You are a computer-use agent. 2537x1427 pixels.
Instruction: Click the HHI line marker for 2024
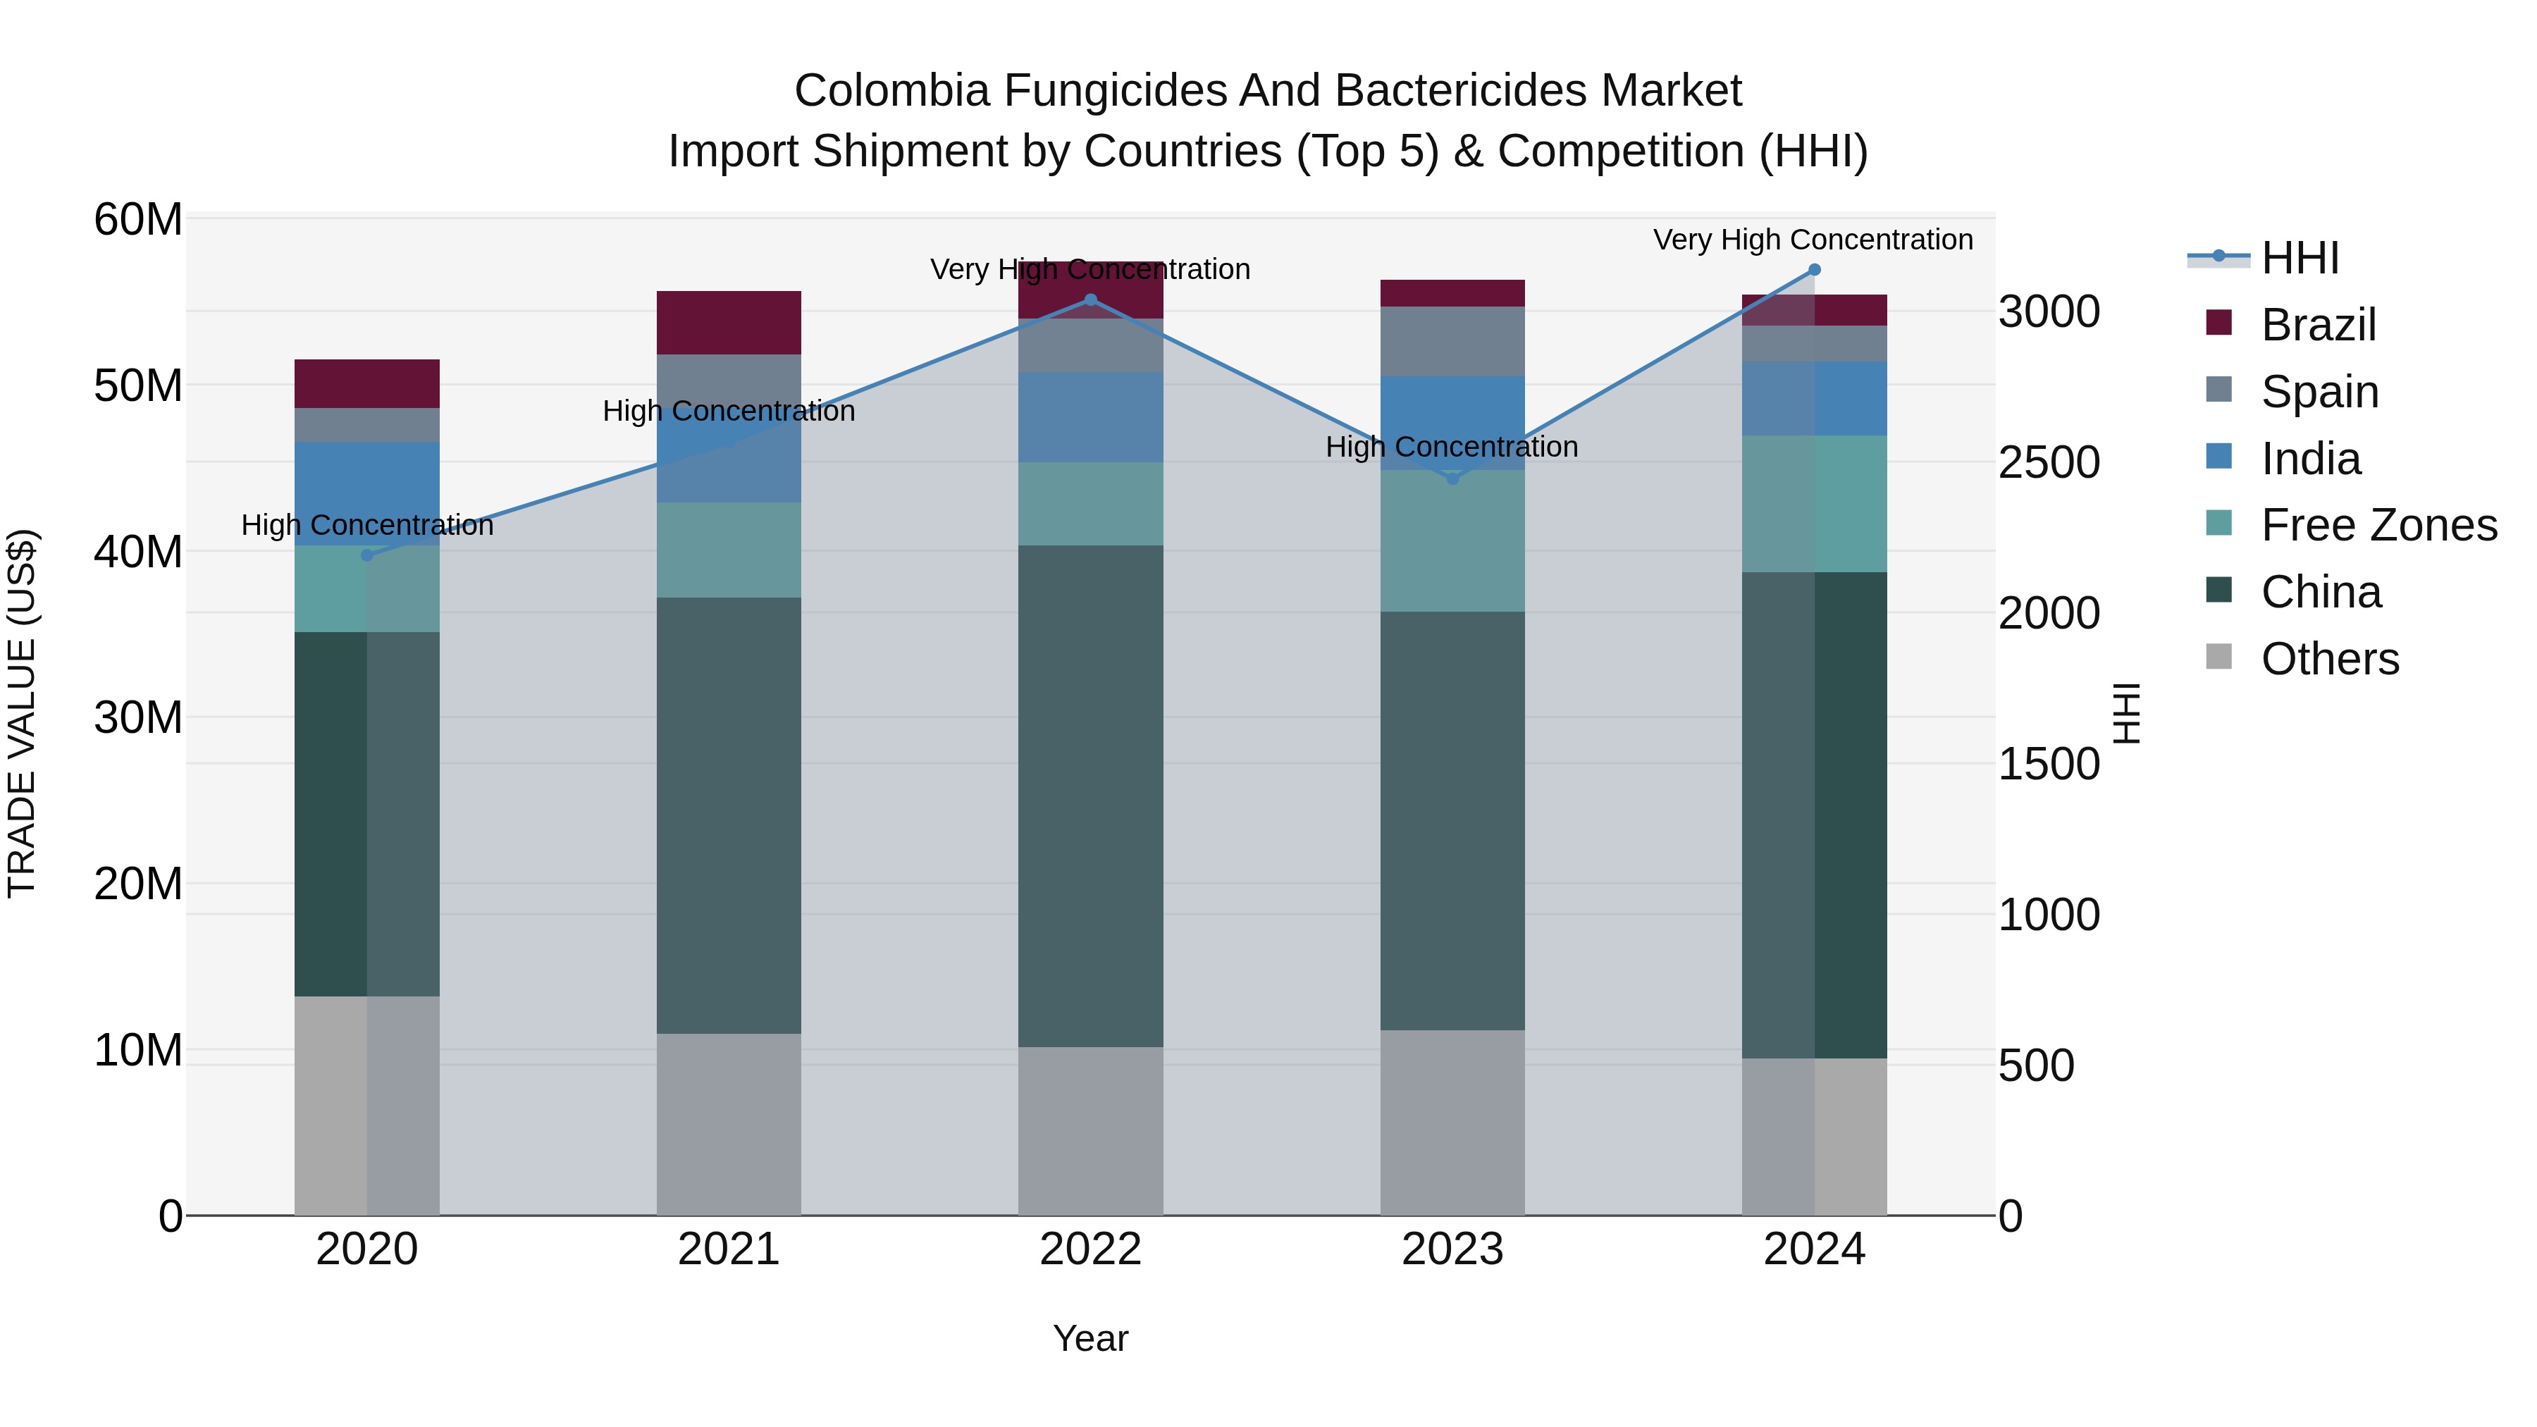pos(1814,270)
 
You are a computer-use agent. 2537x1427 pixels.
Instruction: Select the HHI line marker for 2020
pos(367,555)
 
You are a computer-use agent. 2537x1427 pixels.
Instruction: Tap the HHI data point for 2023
pos(1452,478)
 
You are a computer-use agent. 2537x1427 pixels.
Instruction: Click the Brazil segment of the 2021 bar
pos(729,323)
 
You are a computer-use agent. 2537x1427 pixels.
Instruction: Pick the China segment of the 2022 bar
pos(1090,796)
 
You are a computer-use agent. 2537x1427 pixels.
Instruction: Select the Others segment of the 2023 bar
pos(1452,1123)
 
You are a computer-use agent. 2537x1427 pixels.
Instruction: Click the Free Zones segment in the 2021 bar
pos(729,550)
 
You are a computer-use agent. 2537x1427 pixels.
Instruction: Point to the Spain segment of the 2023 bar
pos(1452,341)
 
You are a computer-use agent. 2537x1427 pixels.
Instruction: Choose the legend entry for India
pos(2309,459)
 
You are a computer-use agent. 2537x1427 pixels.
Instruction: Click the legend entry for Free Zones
pos(2378,525)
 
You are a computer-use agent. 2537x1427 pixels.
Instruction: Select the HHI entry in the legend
pos(2299,258)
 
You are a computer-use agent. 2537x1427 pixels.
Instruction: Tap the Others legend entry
pos(2328,659)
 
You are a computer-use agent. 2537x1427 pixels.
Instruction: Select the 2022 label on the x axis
pos(1090,1249)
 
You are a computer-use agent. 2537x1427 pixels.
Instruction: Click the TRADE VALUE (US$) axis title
pos(22,714)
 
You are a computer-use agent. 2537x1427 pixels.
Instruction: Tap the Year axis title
pos(1090,1338)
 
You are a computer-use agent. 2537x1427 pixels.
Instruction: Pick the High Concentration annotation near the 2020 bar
pos(367,525)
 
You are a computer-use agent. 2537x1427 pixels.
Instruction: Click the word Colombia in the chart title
pos(891,91)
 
